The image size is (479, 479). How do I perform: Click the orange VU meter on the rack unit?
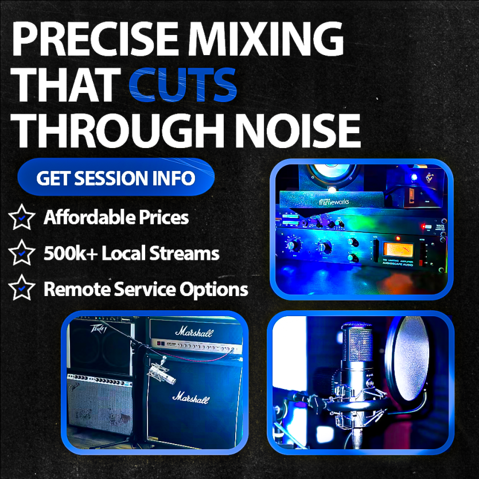click(x=399, y=251)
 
